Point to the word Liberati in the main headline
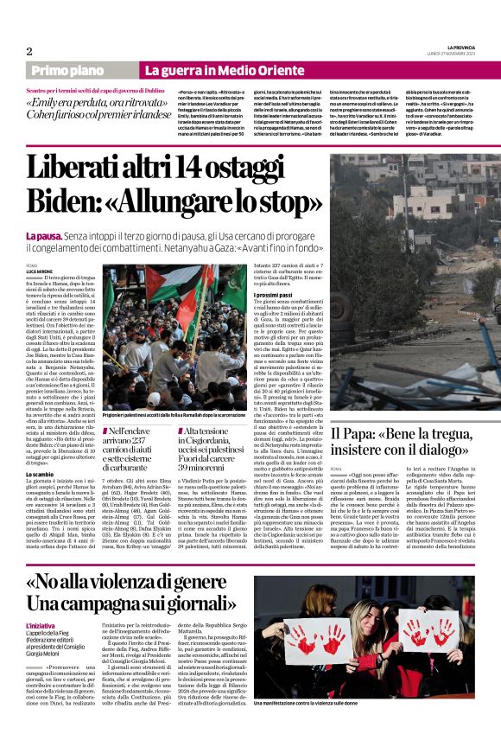tap(80, 168)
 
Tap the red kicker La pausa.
tap(42, 236)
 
